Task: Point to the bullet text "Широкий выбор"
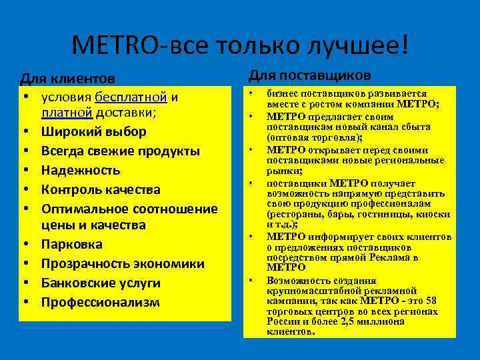coord(93,131)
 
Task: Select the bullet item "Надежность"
coord(81,170)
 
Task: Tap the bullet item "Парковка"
coord(72,244)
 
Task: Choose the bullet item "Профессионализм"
coord(101,302)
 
